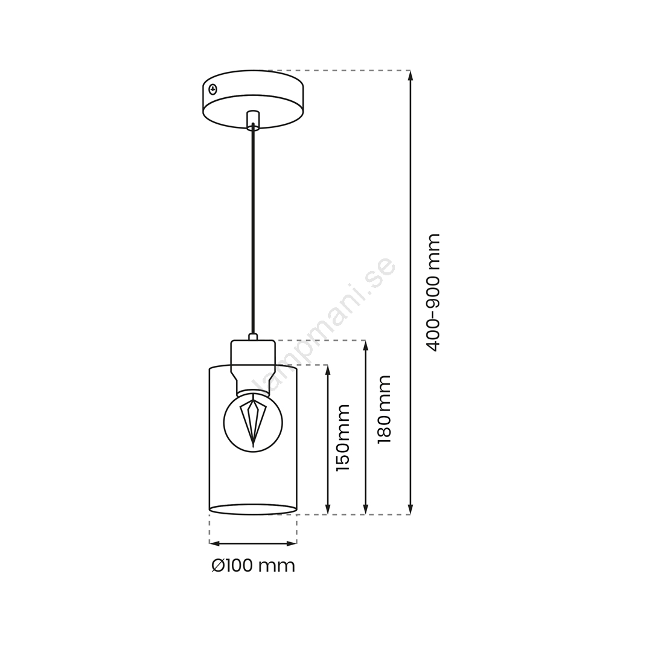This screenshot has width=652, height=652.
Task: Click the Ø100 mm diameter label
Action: click(x=253, y=566)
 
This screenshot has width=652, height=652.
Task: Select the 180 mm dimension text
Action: click(x=384, y=409)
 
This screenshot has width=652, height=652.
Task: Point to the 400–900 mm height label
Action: click(x=433, y=293)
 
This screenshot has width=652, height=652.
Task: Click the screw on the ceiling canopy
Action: click(x=213, y=89)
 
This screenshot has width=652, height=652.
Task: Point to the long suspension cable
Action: click(x=253, y=229)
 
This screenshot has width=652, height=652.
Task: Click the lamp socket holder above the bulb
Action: click(x=253, y=365)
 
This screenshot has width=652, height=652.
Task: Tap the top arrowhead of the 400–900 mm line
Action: click(x=411, y=75)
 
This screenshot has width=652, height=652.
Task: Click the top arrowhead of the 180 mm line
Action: click(x=365, y=345)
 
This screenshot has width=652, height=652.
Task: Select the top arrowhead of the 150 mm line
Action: click(x=328, y=370)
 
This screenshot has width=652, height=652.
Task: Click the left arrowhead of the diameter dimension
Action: click(x=214, y=543)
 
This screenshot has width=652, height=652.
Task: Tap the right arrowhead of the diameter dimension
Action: click(x=292, y=543)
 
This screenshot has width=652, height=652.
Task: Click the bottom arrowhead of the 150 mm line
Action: click(x=328, y=509)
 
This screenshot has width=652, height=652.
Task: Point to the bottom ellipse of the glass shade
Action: click(x=253, y=510)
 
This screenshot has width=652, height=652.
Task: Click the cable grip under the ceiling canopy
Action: click(x=253, y=120)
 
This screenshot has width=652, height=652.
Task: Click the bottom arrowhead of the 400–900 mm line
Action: click(x=411, y=509)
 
